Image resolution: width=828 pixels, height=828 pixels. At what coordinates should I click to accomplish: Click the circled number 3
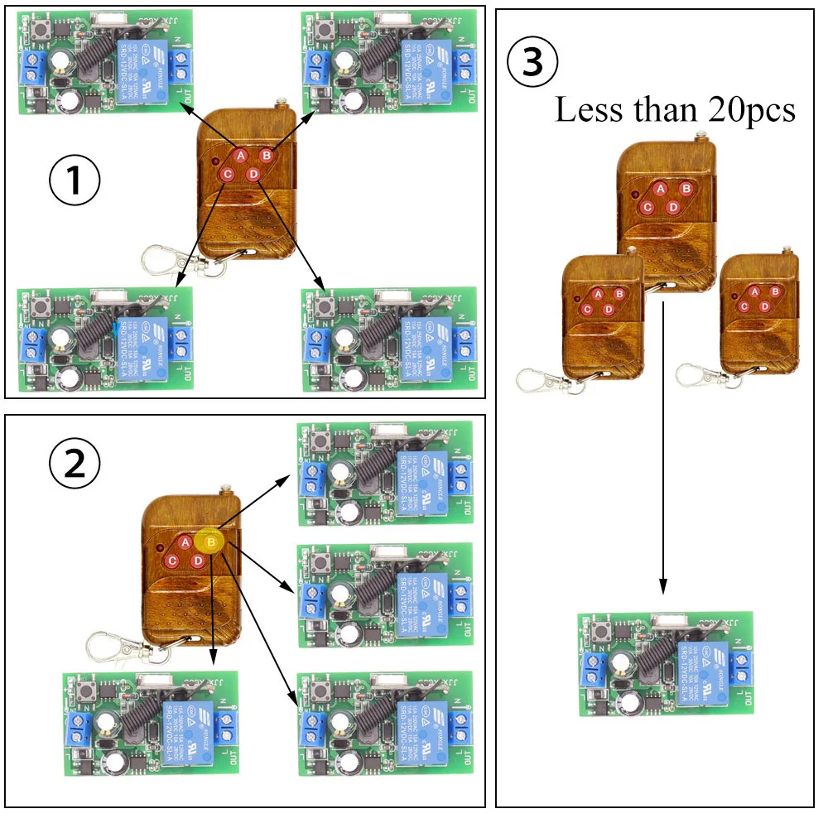[532, 64]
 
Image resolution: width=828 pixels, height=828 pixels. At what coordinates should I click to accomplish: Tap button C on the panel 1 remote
[226, 175]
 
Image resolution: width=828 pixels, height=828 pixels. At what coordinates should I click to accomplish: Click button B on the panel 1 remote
[267, 155]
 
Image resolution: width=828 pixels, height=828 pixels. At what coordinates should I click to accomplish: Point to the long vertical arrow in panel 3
[663, 447]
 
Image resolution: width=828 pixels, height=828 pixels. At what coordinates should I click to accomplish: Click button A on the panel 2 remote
[185, 542]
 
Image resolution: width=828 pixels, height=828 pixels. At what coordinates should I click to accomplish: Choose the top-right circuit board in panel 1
[389, 62]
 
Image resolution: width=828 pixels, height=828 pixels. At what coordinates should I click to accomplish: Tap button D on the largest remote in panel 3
[673, 207]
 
